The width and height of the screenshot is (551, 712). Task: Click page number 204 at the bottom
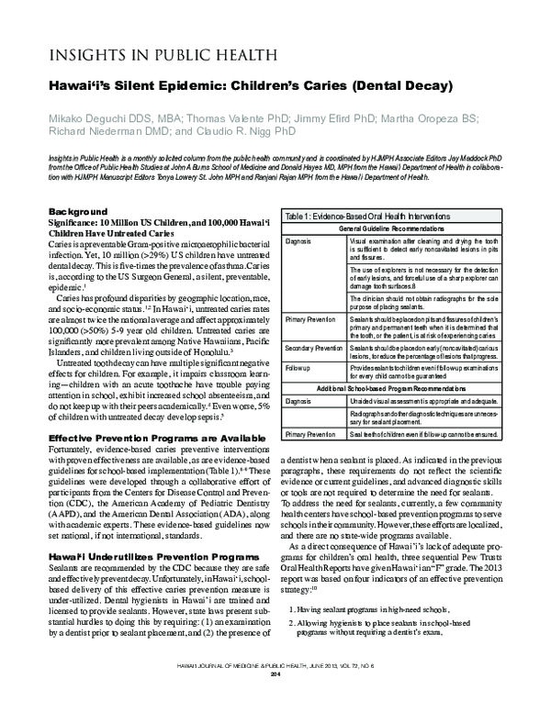coord(274,700)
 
